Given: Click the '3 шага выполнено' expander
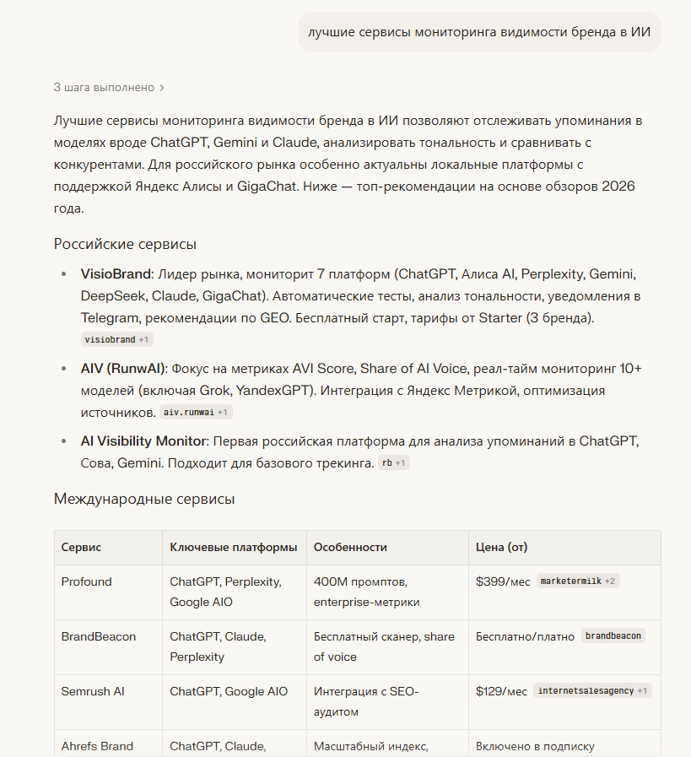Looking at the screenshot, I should (109, 87).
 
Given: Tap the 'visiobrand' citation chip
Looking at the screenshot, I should (116, 339).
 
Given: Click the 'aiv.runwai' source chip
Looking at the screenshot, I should (195, 412).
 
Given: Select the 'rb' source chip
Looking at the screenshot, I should (393, 462).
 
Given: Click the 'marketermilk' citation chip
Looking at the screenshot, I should (577, 581).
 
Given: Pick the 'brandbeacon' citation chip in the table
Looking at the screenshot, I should (613, 636).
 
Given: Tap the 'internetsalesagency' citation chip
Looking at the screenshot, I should (591, 690).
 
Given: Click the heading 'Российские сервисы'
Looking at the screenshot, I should (125, 245).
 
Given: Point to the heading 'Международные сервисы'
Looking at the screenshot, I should (144, 499).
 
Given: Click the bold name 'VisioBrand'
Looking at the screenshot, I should (116, 274).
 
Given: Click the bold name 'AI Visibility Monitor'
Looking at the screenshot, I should (143, 441).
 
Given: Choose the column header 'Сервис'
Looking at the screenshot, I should (81, 548).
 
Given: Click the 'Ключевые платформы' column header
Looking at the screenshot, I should (233, 548).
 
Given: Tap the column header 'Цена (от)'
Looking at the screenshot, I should (501, 548).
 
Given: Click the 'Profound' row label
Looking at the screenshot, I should (86, 581).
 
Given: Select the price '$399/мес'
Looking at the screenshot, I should (503, 581).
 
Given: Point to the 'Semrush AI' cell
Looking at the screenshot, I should (93, 691).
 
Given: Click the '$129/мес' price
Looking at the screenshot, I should (501, 691).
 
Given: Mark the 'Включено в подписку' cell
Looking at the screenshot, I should (535, 746).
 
